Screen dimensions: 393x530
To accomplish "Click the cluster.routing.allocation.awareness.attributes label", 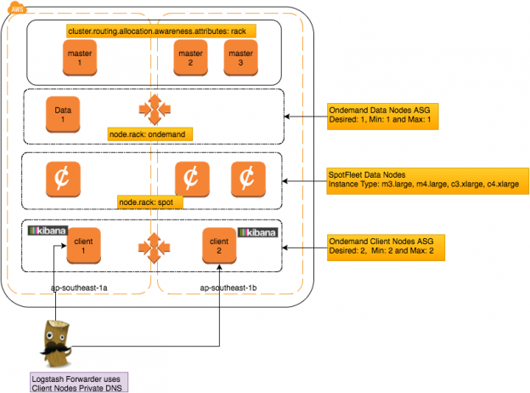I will coord(161,31).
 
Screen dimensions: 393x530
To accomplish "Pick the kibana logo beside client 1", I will coord(47,231).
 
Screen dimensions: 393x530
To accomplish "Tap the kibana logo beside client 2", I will coord(260,231).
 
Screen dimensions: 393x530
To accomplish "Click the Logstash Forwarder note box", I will coord(76,380).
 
